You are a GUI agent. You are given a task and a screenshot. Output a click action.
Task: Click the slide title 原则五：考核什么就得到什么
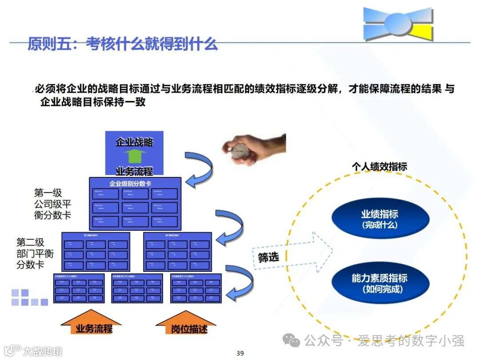tap(122, 44)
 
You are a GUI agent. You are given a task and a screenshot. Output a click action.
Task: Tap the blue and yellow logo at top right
tap(398, 24)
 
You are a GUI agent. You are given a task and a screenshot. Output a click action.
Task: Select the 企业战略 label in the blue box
tap(134, 142)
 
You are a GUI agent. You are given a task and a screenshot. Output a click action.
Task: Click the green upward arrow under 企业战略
tap(134, 157)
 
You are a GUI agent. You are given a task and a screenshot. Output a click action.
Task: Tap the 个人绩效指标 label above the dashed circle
tap(380, 167)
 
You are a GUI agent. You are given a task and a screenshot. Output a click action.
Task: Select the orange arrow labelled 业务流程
tap(91, 324)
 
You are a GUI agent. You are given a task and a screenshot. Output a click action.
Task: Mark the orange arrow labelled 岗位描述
tap(186, 324)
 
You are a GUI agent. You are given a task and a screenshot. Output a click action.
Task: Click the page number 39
tap(240, 353)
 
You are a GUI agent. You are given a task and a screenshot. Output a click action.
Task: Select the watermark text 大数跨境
tap(42, 351)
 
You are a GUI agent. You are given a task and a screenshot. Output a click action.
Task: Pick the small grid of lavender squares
tap(29, 298)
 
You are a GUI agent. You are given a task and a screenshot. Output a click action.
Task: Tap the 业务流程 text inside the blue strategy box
tap(134, 171)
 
